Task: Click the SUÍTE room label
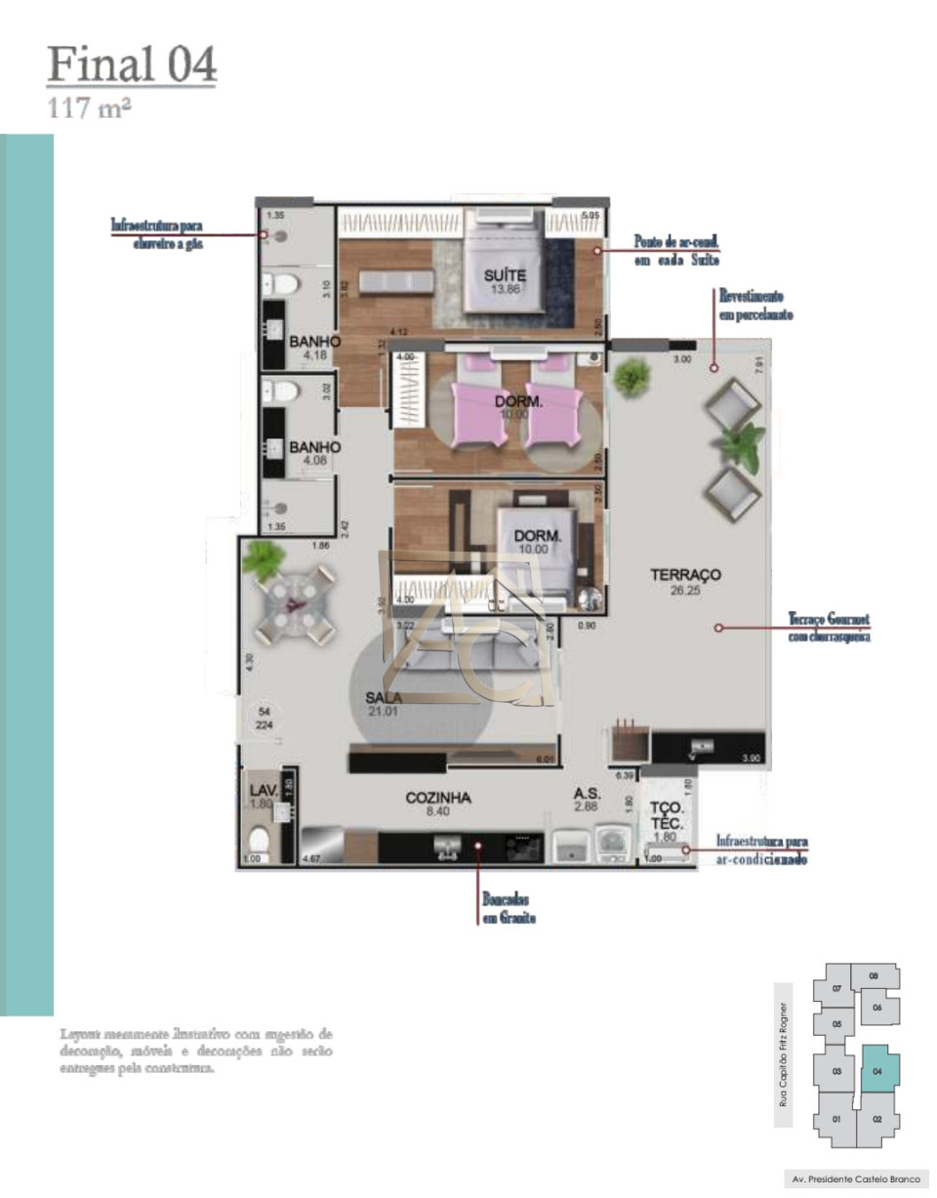(505, 276)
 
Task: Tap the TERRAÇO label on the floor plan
(685, 575)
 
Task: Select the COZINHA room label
(438, 798)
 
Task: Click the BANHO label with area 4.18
(314, 342)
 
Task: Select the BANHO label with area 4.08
(314, 447)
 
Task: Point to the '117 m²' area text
(90, 108)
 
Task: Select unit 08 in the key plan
(874, 975)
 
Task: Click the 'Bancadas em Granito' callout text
(509, 909)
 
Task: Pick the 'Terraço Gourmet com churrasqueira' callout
(829, 628)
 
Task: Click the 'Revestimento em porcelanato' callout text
(755, 305)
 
